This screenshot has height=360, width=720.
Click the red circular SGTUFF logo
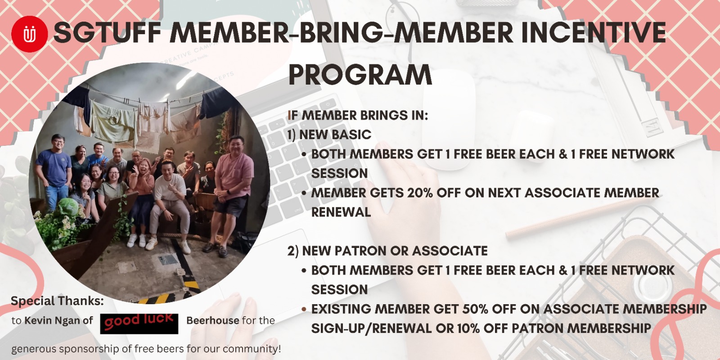pyautogui.click(x=30, y=34)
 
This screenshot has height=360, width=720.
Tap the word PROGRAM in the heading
pyautogui.click(x=360, y=75)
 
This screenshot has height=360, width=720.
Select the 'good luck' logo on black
pyautogui.click(x=139, y=324)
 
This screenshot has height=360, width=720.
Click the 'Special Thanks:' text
pyautogui.click(x=57, y=301)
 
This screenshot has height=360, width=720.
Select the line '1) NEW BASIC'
pyautogui.click(x=329, y=135)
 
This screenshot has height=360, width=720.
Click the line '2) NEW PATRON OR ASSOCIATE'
pyautogui.click(x=387, y=251)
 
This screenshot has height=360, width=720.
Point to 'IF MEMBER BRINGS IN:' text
pyautogui.click(x=358, y=115)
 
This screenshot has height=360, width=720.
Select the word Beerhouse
pyautogui.click(x=213, y=320)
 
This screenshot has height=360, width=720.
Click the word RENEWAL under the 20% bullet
pyautogui.click(x=341, y=212)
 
